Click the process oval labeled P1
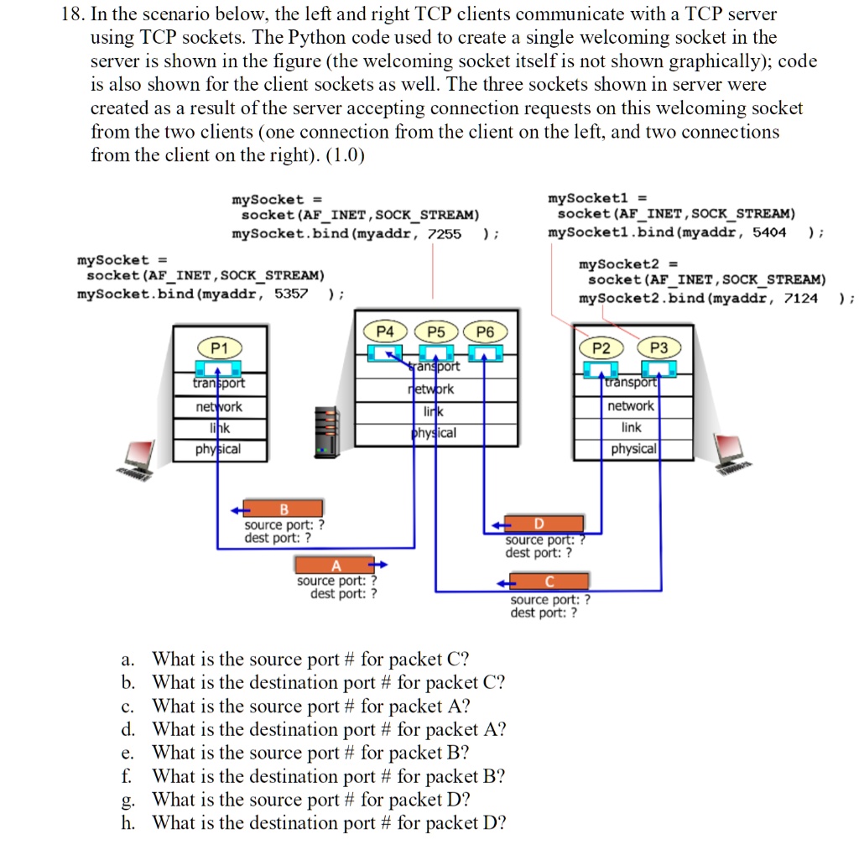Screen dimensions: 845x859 pos(219,347)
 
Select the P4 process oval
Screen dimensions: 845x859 pos(384,331)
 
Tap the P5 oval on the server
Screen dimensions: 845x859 pos(436,331)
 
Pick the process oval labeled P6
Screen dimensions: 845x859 pos(486,331)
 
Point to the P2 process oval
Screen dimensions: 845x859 pos(601,347)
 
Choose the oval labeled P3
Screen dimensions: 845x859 pos(659,347)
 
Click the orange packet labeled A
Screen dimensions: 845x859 pos(336,565)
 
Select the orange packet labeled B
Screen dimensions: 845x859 pos(284,508)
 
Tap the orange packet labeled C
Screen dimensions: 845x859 pos(549,582)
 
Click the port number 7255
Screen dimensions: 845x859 pos(445,233)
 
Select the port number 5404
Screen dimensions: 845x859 pos(769,232)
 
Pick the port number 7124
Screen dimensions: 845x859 pos(800,298)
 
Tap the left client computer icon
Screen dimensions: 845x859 pos(138,458)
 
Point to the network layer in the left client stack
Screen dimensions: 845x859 pos(218,406)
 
